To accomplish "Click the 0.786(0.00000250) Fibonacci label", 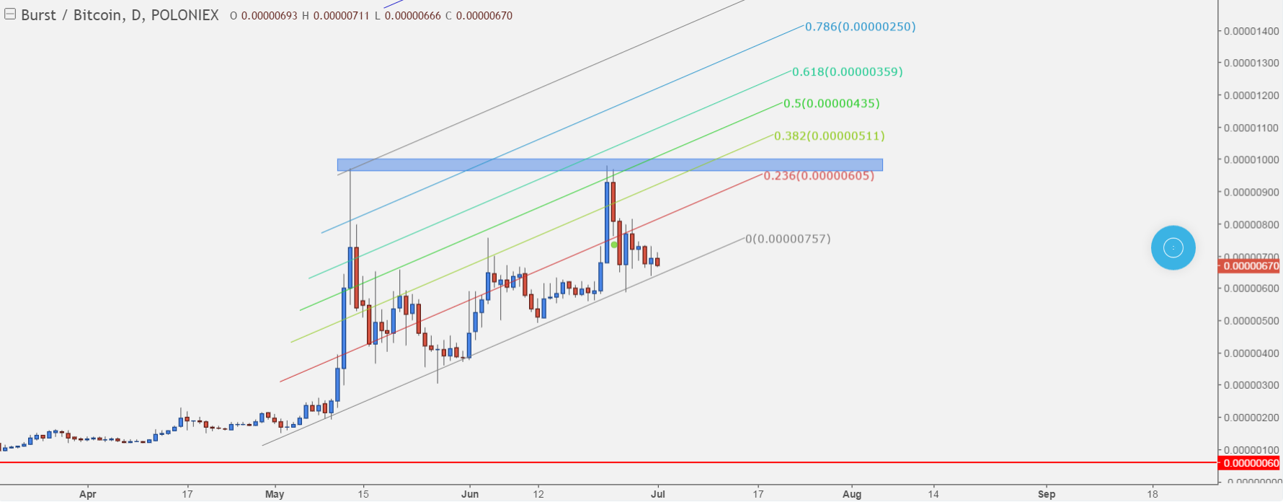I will [x=860, y=27].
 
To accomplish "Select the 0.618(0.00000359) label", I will [x=847, y=72].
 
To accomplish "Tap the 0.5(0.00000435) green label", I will [x=831, y=104].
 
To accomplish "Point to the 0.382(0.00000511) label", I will [x=829, y=136].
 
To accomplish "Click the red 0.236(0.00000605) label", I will [x=819, y=176].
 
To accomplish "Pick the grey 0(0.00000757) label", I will [x=788, y=239].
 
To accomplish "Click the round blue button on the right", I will [x=1173, y=248].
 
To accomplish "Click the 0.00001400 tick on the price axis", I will [x=1251, y=31].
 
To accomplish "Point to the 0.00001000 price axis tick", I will [x=1251, y=160].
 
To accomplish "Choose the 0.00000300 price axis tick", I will [x=1251, y=385].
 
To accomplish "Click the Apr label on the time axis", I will [x=87, y=494].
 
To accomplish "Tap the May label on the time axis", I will [x=275, y=494].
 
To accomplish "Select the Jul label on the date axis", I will [x=657, y=494].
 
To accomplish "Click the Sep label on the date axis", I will [x=1047, y=494].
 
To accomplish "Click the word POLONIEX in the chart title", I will [x=185, y=15].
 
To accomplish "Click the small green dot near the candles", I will [x=614, y=245].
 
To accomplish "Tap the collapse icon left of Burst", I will [x=10, y=14].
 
